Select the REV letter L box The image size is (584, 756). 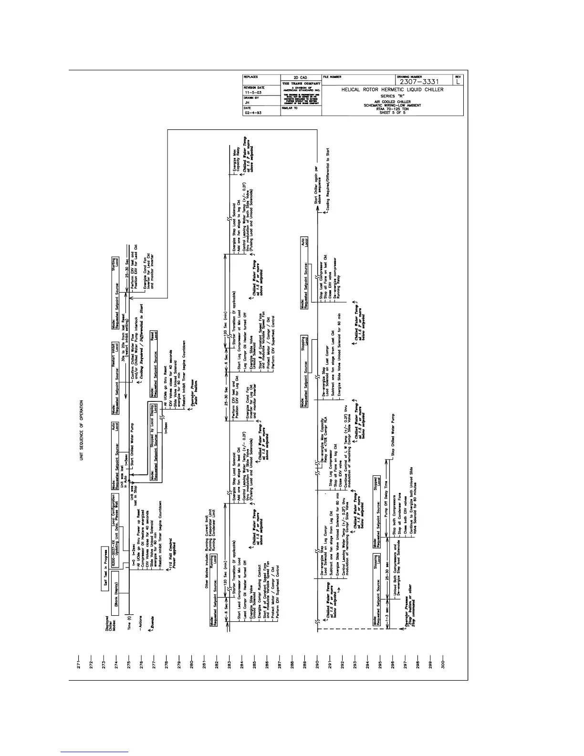pyautogui.click(x=458, y=82)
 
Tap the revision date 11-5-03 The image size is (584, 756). pyautogui.click(x=251, y=92)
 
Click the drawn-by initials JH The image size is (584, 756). pyautogui.click(x=247, y=102)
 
